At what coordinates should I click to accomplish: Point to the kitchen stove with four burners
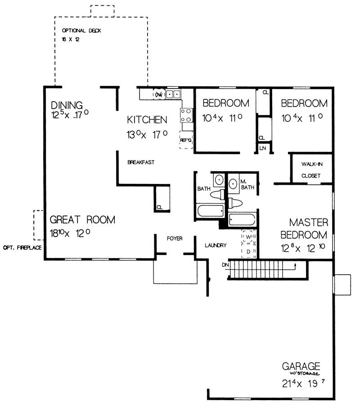(x=186, y=115)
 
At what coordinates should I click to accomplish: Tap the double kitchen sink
(x=174, y=94)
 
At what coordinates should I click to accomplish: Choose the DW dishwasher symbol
(x=158, y=94)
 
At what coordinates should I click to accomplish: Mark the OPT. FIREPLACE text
(x=22, y=248)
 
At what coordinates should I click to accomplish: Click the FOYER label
(x=175, y=238)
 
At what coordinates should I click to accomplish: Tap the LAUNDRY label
(x=215, y=245)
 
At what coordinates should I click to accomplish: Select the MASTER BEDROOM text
(x=304, y=228)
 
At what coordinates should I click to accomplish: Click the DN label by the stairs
(x=225, y=265)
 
